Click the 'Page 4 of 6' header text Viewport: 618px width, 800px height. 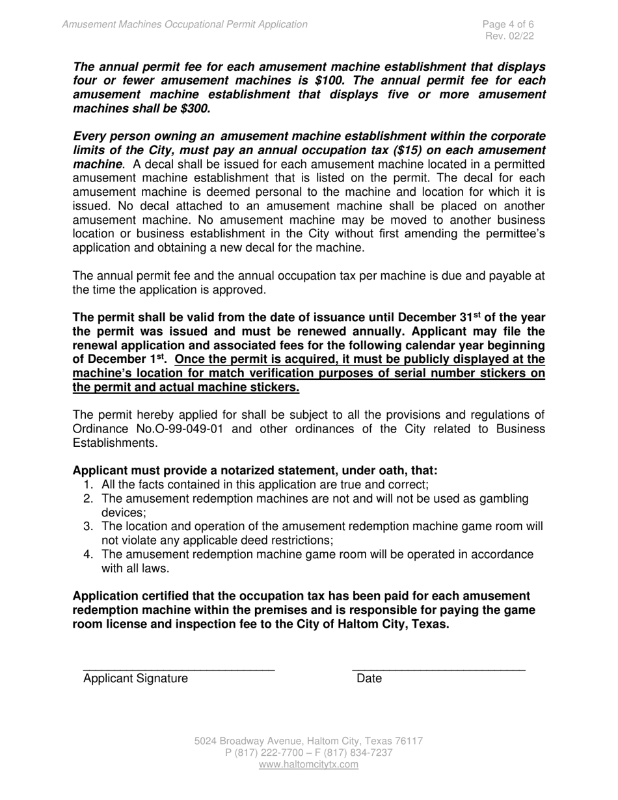pos(508,25)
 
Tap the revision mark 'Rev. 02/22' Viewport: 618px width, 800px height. pos(510,36)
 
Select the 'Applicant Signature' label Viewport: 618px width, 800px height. pos(135,679)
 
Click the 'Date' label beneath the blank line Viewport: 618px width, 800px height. pos(369,679)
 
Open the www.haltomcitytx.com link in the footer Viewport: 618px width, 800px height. pos(308,765)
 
